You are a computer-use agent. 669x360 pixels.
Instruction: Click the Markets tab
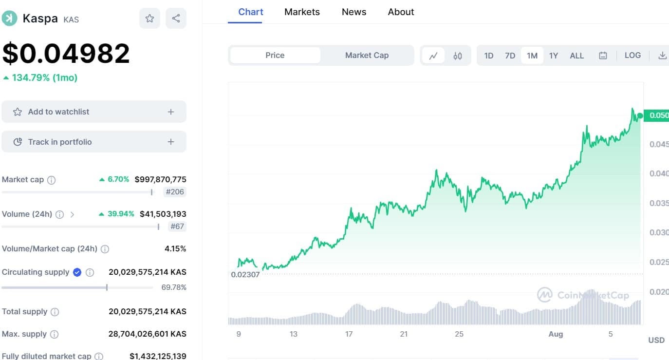pyautogui.click(x=302, y=12)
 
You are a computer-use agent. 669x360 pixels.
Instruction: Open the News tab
pyautogui.click(x=354, y=12)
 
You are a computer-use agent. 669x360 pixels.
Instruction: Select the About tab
pyautogui.click(x=401, y=12)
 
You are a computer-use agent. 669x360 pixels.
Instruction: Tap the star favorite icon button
pyautogui.click(x=149, y=19)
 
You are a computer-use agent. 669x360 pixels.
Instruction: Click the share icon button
pyautogui.click(x=176, y=19)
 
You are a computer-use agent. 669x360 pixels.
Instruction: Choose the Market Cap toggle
pyautogui.click(x=367, y=56)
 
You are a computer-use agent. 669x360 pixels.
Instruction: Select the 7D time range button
pyautogui.click(x=510, y=56)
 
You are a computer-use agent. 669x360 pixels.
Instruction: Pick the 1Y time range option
pyautogui.click(x=554, y=56)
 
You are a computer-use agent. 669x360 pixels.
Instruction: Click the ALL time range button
pyautogui.click(x=576, y=56)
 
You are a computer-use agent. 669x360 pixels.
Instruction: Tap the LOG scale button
pyautogui.click(x=632, y=56)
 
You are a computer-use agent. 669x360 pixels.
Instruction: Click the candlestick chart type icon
pyautogui.click(x=458, y=56)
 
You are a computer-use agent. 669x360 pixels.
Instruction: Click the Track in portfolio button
pyautogui.click(x=94, y=142)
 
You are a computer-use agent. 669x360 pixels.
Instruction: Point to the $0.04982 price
pyautogui.click(x=66, y=53)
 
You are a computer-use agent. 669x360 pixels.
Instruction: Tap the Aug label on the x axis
pyautogui.click(x=556, y=334)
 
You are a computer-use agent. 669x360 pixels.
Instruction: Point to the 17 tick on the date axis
pyautogui.click(x=349, y=334)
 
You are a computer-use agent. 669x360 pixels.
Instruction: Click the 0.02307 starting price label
pyautogui.click(x=245, y=274)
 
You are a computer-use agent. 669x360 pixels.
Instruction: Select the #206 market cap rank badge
pyautogui.click(x=175, y=192)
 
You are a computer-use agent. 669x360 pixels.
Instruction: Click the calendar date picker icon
pyautogui.click(x=603, y=56)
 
